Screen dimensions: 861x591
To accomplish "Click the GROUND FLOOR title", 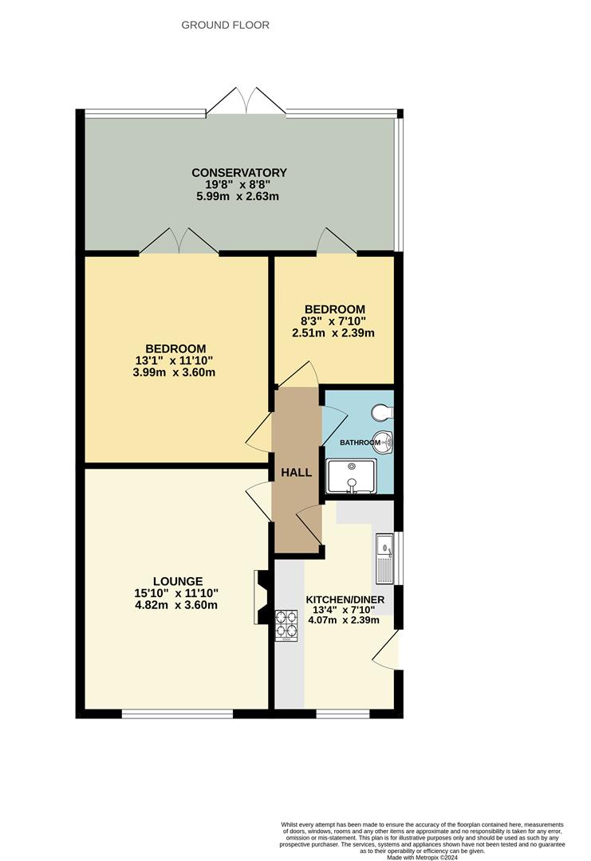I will (226, 26).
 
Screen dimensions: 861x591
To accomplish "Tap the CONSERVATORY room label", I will (238, 172).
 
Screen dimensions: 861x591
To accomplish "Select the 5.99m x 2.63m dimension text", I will (238, 195).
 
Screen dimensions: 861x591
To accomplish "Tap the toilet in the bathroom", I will (381, 412).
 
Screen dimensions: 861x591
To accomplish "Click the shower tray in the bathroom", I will (351, 476).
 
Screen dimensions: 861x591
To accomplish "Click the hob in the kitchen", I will (287, 625).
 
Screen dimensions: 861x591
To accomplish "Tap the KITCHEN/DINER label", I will (345, 600).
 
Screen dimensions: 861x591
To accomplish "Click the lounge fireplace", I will (260, 597).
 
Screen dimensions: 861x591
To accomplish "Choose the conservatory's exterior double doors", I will (246, 102).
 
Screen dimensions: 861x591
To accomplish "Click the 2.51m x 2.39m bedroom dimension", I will (334, 332).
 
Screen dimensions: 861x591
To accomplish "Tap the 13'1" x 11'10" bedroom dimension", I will (175, 360).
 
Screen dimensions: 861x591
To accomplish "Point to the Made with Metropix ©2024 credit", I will (422, 857).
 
